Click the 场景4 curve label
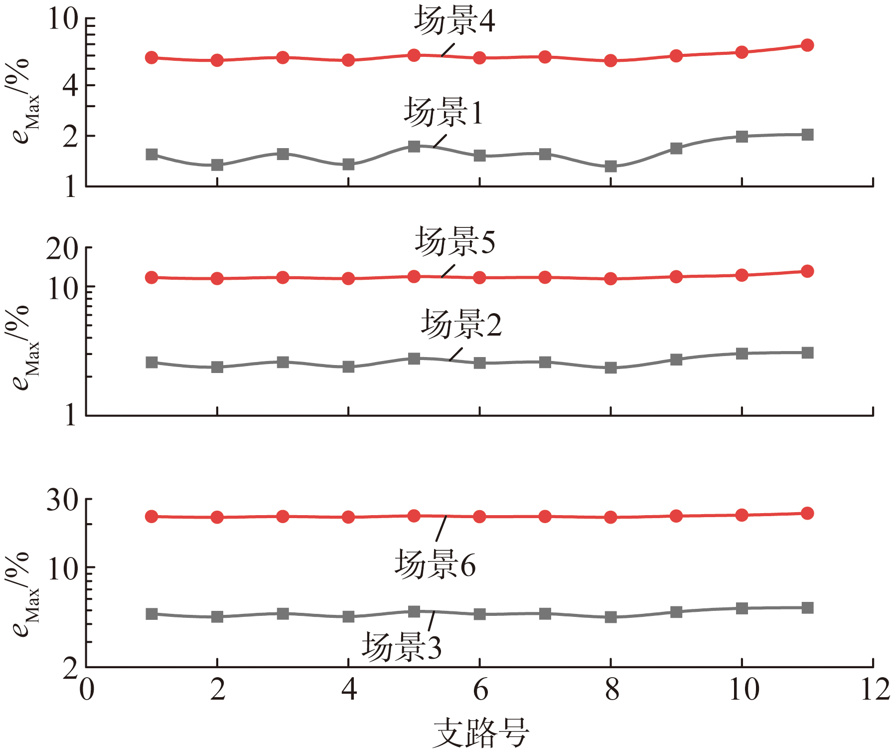click(x=454, y=21)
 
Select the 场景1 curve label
click(x=443, y=112)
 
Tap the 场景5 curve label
click(x=455, y=242)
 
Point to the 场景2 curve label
click(x=461, y=324)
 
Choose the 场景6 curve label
click(x=435, y=565)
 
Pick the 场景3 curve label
click(x=402, y=647)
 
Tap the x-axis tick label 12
click(x=875, y=690)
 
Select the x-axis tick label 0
click(x=87, y=690)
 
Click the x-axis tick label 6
click(x=480, y=690)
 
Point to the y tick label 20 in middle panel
click(x=62, y=248)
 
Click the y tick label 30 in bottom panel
click(x=62, y=500)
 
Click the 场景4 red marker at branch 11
click(x=807, y=45)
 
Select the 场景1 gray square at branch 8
click(x=610, y=166)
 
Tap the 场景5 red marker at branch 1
click(x=151, y=278)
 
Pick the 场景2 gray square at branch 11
click(x=807, y=353)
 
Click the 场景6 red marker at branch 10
click(x=742, y=515)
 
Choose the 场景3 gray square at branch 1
click(x=151, y=614)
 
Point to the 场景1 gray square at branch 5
click(x=414, y=146)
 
